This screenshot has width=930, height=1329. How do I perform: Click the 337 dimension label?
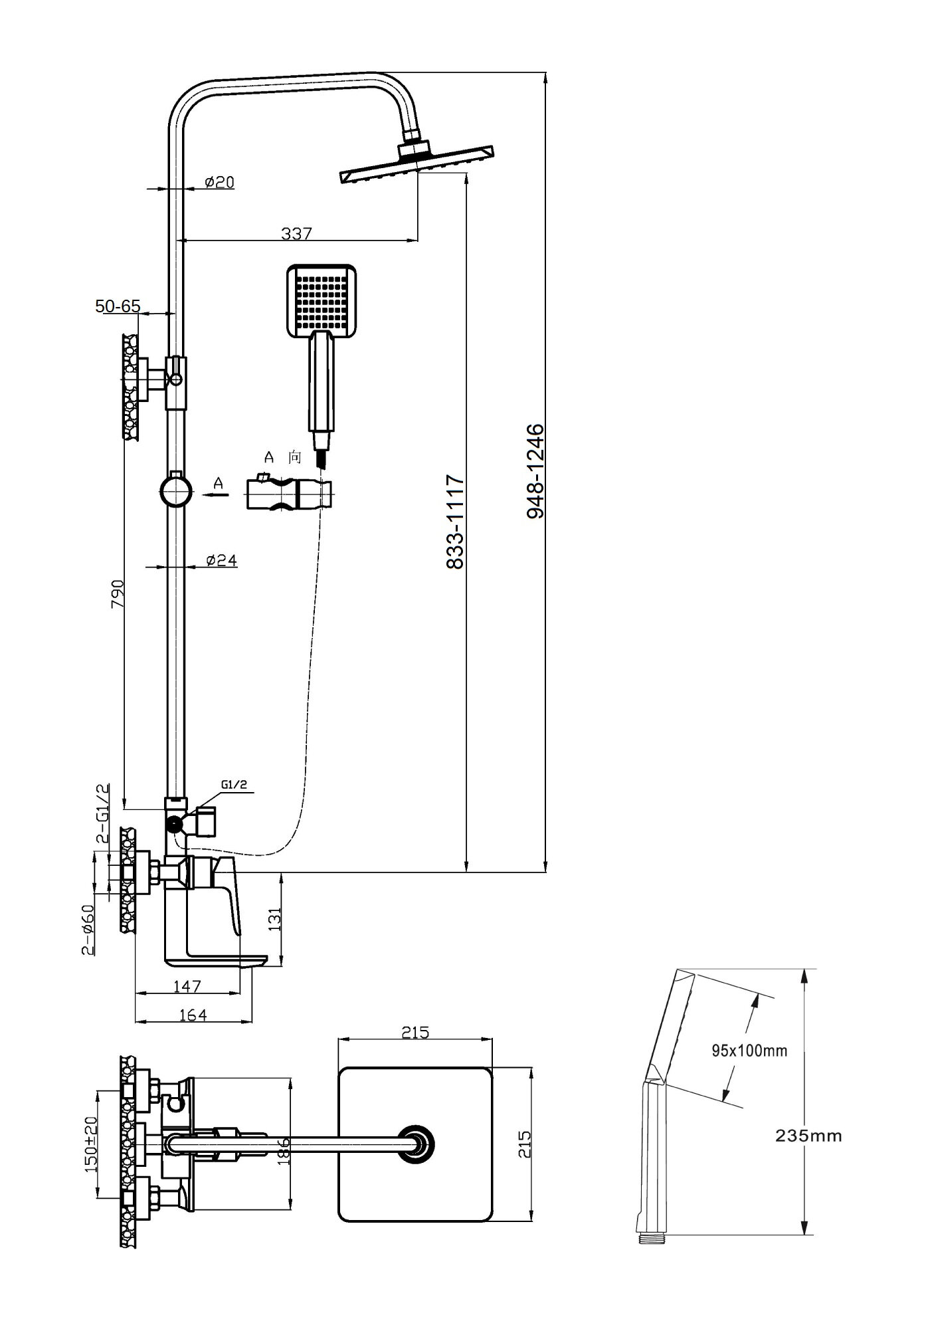296,233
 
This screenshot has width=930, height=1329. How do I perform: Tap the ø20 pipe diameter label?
219,181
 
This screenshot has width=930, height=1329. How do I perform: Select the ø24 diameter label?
221,560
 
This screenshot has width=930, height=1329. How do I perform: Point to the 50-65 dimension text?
118,306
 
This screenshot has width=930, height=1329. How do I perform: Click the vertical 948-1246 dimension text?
535,472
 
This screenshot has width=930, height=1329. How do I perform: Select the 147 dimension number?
187,986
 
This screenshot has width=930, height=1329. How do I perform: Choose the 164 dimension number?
193,1015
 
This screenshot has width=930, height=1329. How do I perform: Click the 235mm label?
808,1136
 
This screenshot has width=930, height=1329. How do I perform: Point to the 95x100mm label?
749,1051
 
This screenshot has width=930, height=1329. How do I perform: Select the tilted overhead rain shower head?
417,162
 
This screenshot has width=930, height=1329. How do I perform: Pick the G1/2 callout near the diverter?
234,785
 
